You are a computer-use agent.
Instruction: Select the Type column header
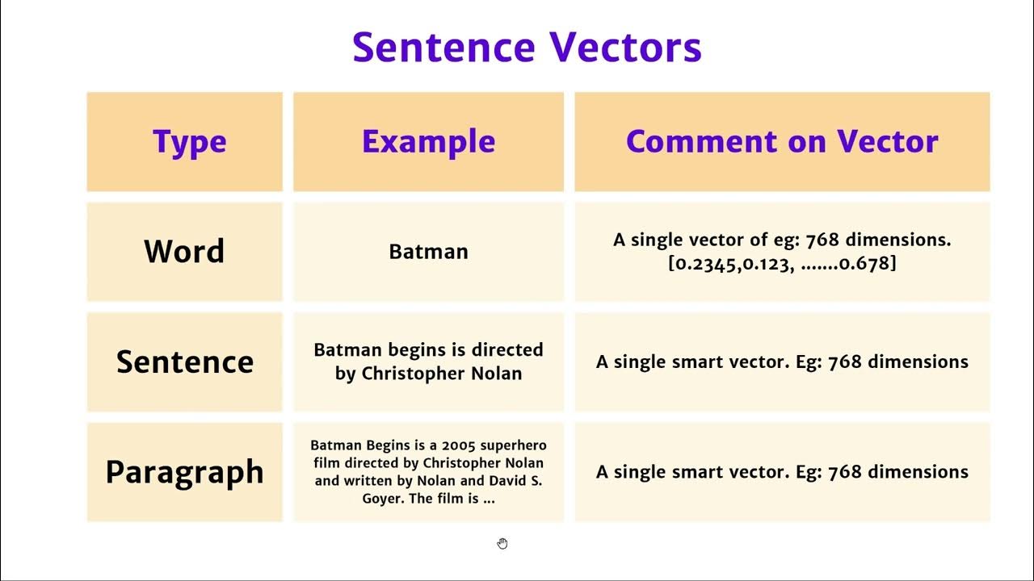point(189,142)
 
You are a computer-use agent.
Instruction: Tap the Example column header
point(428,142)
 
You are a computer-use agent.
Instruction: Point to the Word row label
point(184,252)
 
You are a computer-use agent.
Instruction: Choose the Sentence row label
point(184,362)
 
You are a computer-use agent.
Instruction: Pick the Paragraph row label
point(184,472)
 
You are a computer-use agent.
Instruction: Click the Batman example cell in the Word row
point(428,252)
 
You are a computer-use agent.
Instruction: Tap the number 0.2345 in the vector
point(701,263)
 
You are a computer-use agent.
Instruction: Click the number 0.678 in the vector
point(864,263)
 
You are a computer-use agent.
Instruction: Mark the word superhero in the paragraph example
point(513,445)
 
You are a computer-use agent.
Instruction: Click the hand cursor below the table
point(502,544)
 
